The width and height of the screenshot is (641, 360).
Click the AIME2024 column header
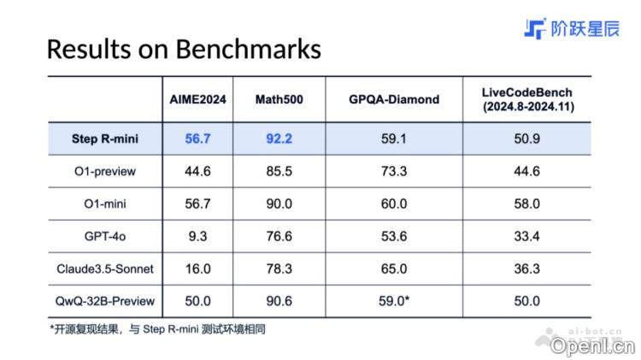(x=197, y=99)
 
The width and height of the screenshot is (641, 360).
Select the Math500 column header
(x=279, y=99)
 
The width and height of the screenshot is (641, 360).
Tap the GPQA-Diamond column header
(x=393, y=99)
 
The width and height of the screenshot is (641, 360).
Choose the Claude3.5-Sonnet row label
(x=105, y=269)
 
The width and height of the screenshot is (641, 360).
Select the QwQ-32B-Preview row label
(x=105, y=301)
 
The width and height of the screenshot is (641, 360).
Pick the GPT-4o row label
(x=105, y=236)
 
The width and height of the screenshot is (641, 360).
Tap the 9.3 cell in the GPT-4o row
(x=197, y=236)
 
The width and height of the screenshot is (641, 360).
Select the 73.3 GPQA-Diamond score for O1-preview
(x=393, y=171)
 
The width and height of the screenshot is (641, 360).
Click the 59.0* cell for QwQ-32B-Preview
(x=395, y=301)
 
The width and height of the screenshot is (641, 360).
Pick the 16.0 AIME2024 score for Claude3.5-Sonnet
(x=197, y=269)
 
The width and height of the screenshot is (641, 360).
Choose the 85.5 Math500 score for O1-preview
(x=279, y=171)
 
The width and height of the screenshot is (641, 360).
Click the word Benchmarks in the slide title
(x=248, y=49)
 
